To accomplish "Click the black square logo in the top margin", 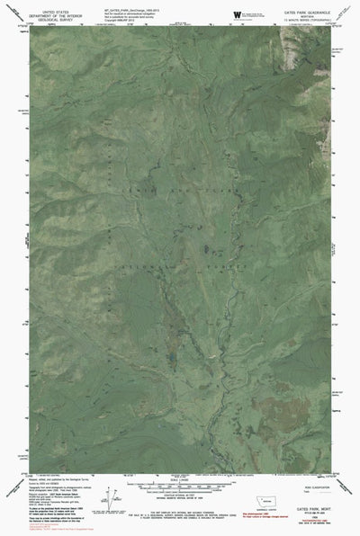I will pos(236,13).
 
